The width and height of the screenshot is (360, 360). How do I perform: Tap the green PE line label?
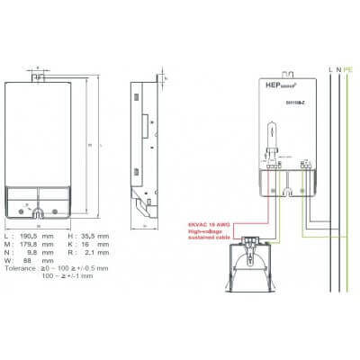(347, 68)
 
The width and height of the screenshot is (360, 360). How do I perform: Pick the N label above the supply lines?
(337, 68)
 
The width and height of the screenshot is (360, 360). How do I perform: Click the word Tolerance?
(21, 267)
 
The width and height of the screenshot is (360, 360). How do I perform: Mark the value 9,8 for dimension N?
(33, 249)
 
